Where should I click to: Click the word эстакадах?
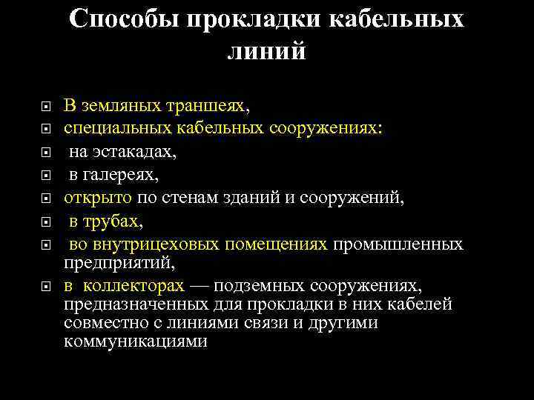138,152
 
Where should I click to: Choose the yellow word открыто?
98,198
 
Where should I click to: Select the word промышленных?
398,244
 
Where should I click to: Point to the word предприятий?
119,262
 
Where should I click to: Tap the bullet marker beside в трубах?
45,221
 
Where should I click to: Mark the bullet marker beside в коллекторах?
45,286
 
